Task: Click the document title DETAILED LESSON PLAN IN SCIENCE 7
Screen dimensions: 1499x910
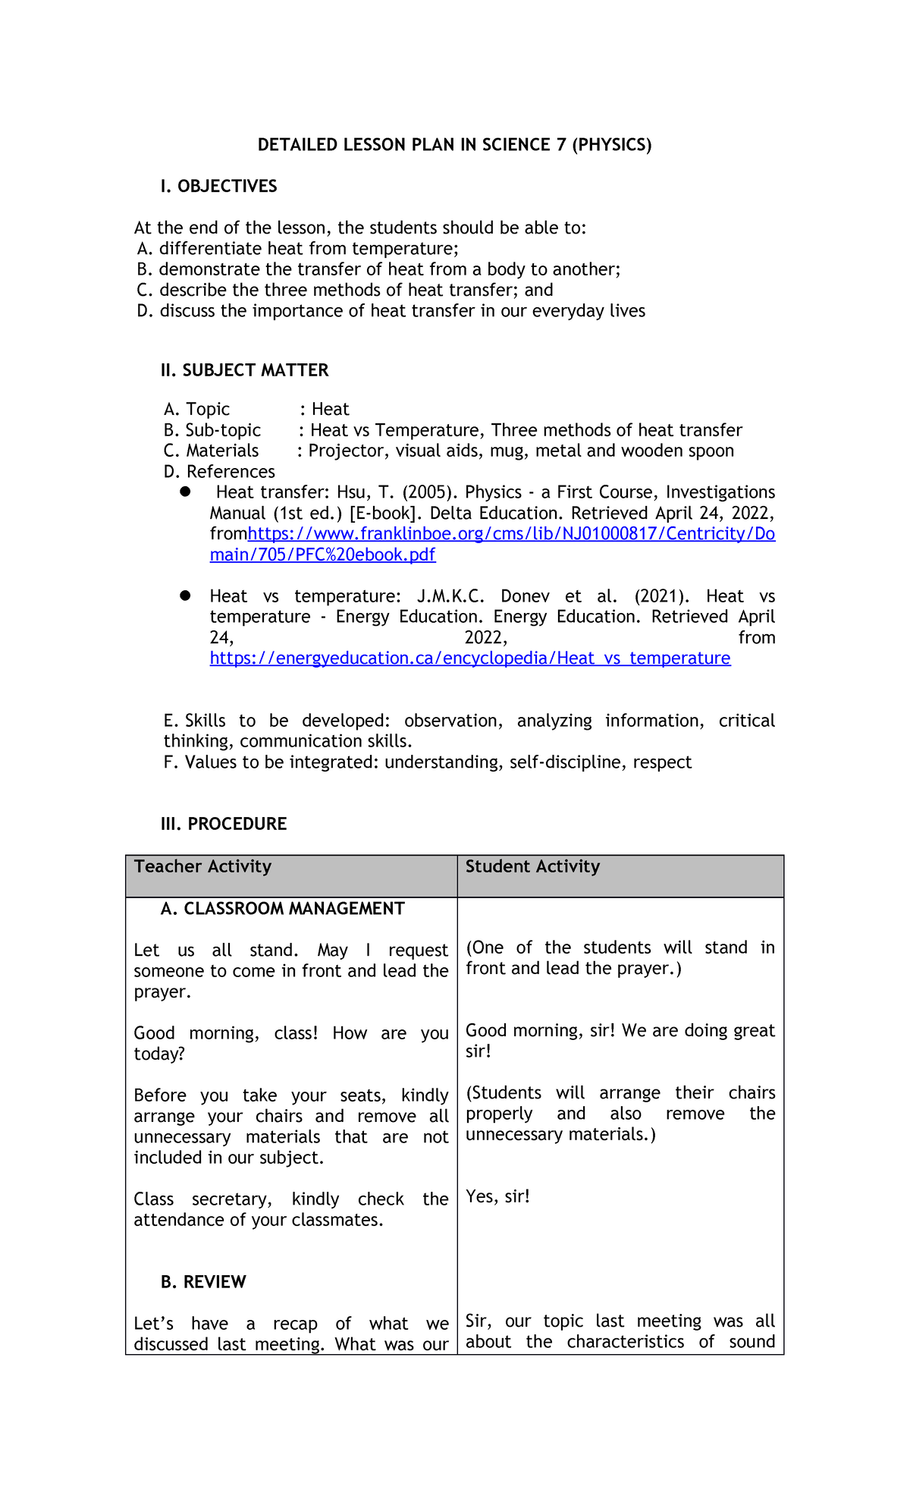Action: (x=454, y=145)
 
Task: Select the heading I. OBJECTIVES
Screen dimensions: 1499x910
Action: (x=218, y=187)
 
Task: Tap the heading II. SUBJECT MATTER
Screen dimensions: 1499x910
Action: (x=244, y=370)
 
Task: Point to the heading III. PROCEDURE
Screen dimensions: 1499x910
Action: (x=224, y=824)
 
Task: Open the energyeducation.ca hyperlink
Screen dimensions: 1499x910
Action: (x=470, y=658)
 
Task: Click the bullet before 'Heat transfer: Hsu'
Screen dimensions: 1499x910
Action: (x=185, y=492)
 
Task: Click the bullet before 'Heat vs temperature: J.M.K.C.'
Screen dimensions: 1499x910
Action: (x=185, y=596)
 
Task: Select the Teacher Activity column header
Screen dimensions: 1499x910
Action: (x=202, y=867)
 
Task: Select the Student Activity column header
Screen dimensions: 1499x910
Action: (x=532, y=867)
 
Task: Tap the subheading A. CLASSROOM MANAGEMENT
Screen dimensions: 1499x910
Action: (x=282, y=909)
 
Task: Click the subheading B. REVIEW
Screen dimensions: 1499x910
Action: (x=203, y=1282)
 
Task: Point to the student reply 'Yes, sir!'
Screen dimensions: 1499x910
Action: (x=497, y=1196)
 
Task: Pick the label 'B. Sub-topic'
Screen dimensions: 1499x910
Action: (x=212, y=430)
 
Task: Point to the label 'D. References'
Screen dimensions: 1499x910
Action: (x=219, y=472)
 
